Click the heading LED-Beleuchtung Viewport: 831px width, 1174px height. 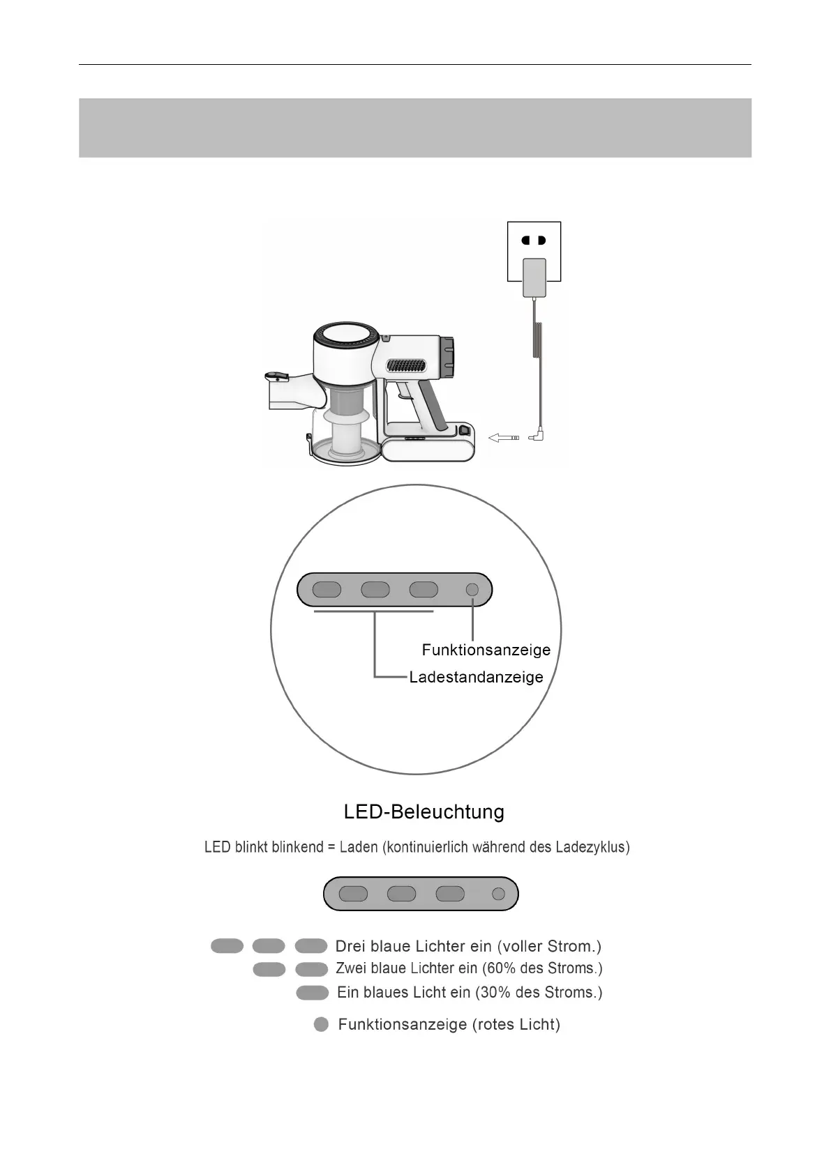click(x=424, y=812)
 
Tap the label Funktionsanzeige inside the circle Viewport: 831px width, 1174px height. click(x=486, y=650)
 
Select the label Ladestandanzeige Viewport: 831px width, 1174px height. click(x=476, y=677)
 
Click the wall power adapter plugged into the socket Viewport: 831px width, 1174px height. click(x=534, y=277)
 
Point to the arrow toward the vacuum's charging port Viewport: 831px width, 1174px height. click(x=504, y=438)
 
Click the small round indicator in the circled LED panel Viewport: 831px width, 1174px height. click(x=472, y=590)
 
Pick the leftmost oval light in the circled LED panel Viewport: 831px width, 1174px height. click(x=327, y=590)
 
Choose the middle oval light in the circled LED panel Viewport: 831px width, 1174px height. click(x=375, y=590)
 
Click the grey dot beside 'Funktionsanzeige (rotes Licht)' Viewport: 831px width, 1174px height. click(x=321, y=1024)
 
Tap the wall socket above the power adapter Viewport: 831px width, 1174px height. click(x=534, y=241)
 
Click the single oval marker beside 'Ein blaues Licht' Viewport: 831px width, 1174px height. click(x=312, y=992)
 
